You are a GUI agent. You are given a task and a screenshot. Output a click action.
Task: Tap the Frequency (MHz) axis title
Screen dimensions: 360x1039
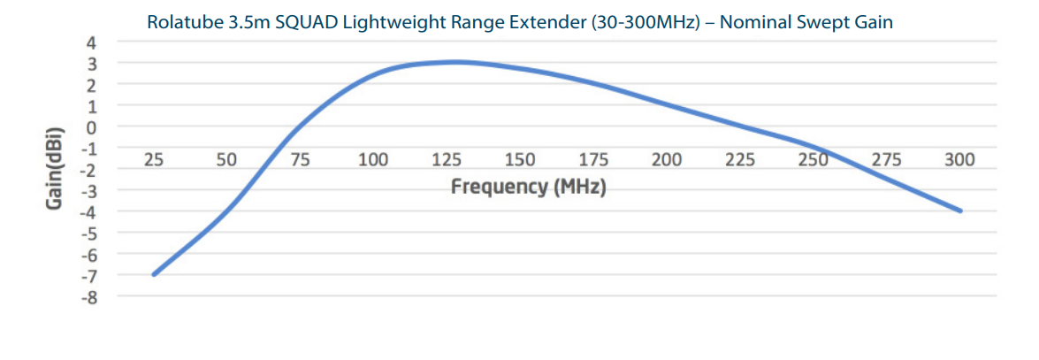coord(528,188)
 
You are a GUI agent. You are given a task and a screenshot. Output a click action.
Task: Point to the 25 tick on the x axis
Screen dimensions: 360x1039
coord(154,160)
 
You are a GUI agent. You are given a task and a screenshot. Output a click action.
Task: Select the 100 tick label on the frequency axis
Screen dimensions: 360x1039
coord(373,160)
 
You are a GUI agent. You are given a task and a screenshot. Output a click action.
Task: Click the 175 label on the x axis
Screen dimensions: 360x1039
coord(593,160)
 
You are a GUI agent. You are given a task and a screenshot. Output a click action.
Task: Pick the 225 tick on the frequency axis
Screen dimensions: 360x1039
coord(740,160)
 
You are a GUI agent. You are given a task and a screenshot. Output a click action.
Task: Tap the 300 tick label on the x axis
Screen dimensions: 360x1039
coord(959,160)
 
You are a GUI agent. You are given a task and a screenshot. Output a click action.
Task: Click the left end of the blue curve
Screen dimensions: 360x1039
coord(154,274)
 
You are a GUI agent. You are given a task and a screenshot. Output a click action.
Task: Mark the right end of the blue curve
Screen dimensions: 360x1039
coord(960,211)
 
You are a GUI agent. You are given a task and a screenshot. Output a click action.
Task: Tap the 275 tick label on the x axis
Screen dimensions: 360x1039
coord(886,160)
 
